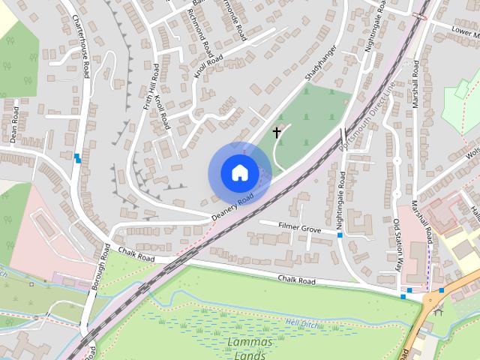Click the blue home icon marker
(x=239, y=172)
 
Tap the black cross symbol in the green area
(x=276, y=133)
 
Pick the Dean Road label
(x=13, y=127)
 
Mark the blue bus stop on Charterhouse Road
(x=78, y=157)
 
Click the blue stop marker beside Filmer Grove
(x=340, y=235)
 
